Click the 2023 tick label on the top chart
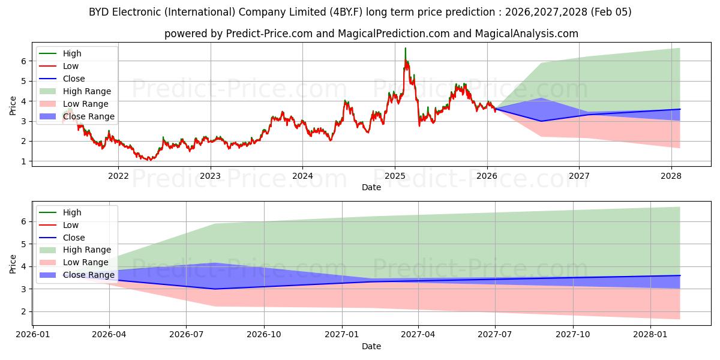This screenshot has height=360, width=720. pyautogui.click(x=210, y=176)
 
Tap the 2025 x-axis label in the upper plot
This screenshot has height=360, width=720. pyautogui.click(x=394, y=176)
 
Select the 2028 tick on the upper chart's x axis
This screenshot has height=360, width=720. pyautogui.click(x=671, y=176)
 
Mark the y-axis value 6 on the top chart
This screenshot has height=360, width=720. pyautogui.click(x=25, y=61)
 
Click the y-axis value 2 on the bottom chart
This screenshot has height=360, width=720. pyautogui.click(x=25, y=311)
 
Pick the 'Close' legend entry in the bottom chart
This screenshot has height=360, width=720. pyautogui.click(x=74, y=238)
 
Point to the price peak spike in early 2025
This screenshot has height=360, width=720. pyautogui.click(x=406, y=49)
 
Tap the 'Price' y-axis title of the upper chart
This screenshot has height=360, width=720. pyautogui.click(x=13, y=106)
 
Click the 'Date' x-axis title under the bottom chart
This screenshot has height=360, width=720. pyautogui.click(x=371, y=346)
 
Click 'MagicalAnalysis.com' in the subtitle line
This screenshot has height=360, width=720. pyautogui.click(x=526, y=34)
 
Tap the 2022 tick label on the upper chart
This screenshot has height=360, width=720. pyautogui.click(x=118, y=176)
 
